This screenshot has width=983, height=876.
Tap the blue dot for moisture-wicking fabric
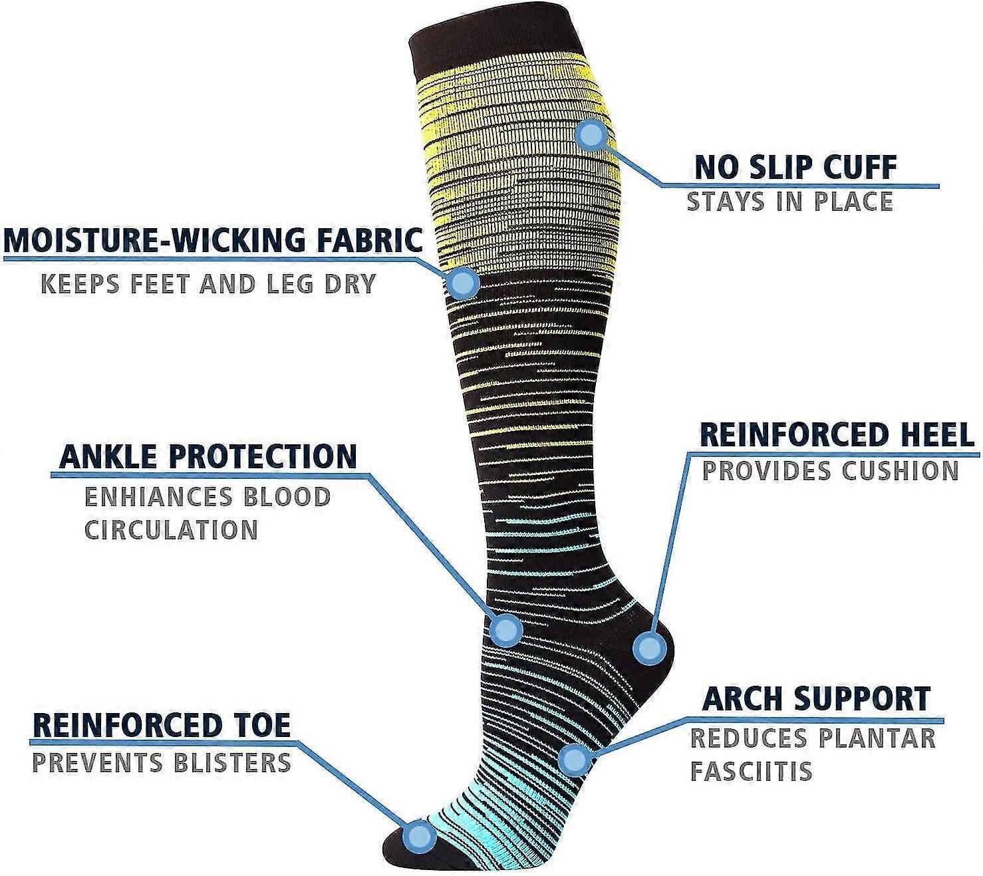(x=464, y=283)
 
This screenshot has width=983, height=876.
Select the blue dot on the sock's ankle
(x=505, y=631)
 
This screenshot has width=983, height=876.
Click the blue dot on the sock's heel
(x=650, y=647)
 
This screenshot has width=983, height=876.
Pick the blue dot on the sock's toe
(x=419, y=836)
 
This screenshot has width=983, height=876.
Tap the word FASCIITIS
(x=751, y=771)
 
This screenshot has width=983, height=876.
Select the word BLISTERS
(x=232, y=762)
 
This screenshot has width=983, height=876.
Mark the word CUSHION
(x=900, y=471)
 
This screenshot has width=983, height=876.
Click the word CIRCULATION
(x=172, y=529)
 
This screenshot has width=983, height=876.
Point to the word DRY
(x=351, y=283)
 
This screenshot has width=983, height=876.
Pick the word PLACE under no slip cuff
(x=853, y=202)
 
